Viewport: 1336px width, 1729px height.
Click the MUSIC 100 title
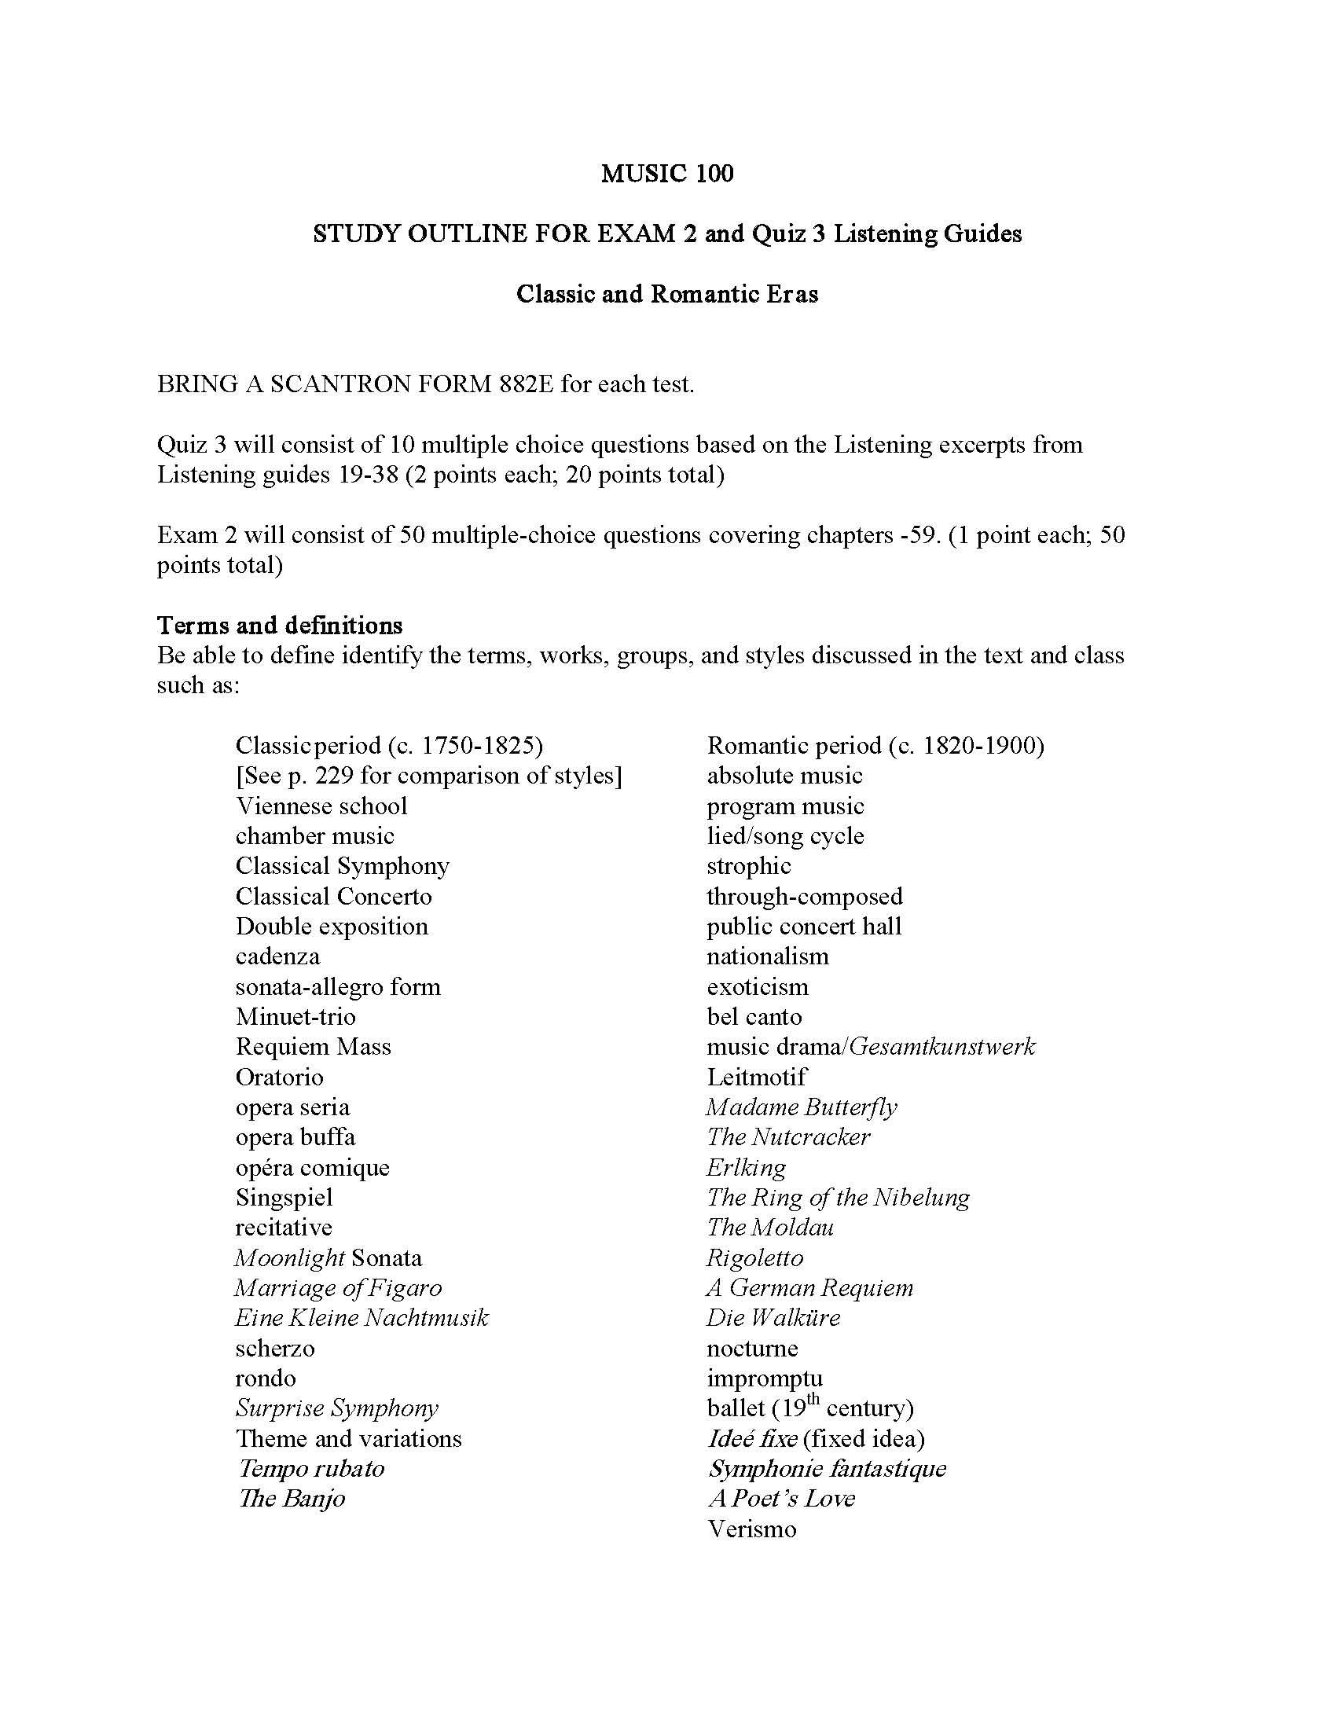point(666,174)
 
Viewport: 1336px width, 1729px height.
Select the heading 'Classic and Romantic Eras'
point(666,294)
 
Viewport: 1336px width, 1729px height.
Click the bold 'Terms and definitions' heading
point(280,626)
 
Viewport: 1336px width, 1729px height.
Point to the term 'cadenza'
point(277,956)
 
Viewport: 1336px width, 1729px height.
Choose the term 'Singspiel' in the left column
point(284,1198)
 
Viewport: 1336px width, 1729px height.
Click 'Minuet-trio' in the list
point(295,1016)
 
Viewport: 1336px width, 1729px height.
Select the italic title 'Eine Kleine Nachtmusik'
point(362,1318)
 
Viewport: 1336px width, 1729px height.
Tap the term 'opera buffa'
point(295,1138)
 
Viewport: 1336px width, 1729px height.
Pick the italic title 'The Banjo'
point(292,1499)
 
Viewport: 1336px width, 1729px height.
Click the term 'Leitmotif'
point(757,1077)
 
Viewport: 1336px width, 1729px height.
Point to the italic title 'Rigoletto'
point(754,1258)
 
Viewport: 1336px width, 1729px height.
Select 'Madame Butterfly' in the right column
point(802,1107)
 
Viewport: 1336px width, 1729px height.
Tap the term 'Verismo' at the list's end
point(751,1529)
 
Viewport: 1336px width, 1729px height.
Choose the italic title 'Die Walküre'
point(773,1318)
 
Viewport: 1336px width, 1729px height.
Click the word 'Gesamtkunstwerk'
point(941,1048)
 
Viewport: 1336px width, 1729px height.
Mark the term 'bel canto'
point(754,1016)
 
